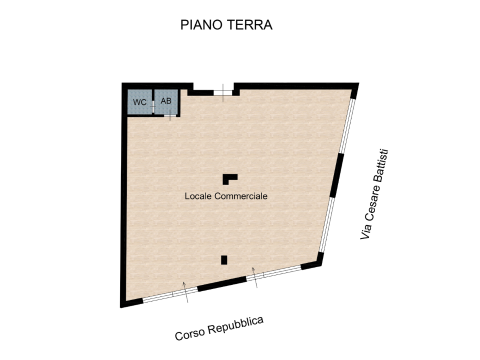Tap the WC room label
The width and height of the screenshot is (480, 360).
139,102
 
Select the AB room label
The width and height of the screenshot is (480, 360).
166,100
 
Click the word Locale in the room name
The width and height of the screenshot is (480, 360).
198,196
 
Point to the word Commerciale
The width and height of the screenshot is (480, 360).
241,196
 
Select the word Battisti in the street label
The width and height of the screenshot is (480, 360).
383,165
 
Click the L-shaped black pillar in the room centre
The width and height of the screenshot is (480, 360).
229,178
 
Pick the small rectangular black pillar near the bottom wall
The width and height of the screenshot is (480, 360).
224,259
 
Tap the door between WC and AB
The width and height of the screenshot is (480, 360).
153,103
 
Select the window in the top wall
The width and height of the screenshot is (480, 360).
223,92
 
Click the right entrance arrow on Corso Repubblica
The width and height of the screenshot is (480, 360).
255,277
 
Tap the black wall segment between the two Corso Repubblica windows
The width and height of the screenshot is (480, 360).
222,283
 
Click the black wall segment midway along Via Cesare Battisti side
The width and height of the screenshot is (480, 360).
337,175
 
